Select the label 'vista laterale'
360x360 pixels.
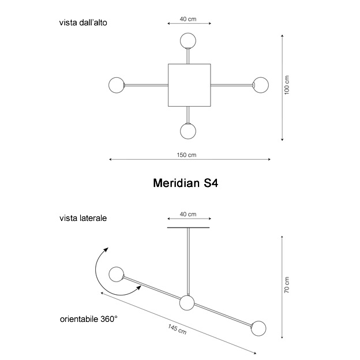coord(82,219)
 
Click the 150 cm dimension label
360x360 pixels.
coord(187,155)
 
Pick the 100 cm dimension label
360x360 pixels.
coord(287,87)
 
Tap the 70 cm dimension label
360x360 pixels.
coord(287,285)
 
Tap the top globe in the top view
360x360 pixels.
coord(187,41)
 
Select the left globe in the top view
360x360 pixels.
coord(117,85)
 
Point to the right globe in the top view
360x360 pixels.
coord(261,85)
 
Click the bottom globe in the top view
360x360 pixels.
coord(188,130)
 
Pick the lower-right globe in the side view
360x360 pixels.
coord(258,329)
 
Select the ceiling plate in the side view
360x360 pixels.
coord(188,227)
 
